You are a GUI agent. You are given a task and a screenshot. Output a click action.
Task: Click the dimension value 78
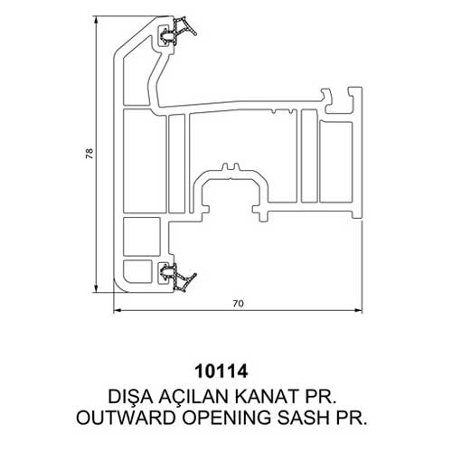(x=89, y=154)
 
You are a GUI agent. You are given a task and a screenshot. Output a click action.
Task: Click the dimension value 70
(x=238, y=304)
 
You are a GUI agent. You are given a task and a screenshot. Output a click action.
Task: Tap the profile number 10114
(x=221, y=372)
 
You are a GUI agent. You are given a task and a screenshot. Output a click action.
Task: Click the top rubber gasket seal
(x=178, y=31)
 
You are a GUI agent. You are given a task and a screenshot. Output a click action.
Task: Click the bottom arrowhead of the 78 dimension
(x=96, y=287)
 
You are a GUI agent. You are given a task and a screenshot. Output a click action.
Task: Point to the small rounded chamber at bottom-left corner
(x=137, y=271)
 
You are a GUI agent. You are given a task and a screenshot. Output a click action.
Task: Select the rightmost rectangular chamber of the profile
(x=335, y=162)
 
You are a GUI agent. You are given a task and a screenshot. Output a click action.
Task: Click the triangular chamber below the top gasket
(x=136, y=79)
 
